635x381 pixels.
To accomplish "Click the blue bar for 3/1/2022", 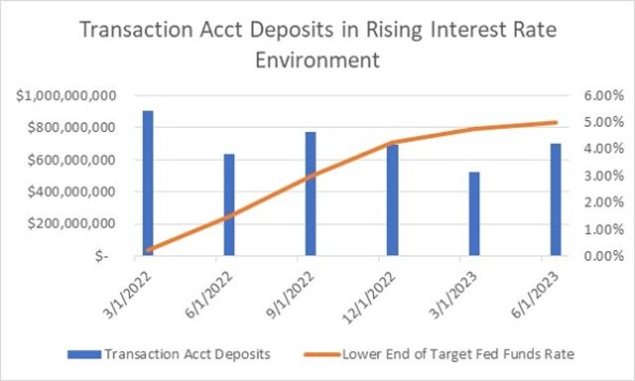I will [x=147, y=183].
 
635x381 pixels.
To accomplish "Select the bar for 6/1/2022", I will [x=229, y=204].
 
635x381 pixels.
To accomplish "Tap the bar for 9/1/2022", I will [x=311, y=193].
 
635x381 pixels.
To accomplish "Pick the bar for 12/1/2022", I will [x=393, y=199].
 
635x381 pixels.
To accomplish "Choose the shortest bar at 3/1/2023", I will [x=474, y=213].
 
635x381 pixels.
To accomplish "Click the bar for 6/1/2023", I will [x=556, y=199].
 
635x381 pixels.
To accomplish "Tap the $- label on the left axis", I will [x=116, y=256].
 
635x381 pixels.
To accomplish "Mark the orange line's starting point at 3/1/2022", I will [x=148, y=250].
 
